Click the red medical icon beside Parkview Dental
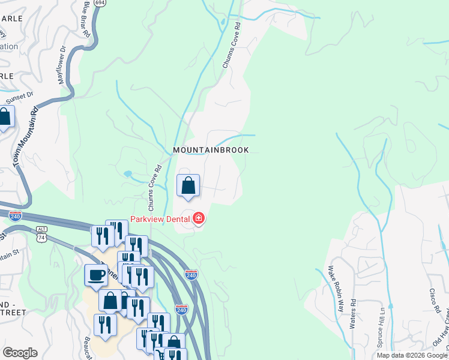pyautogui.click(x=198, y=219)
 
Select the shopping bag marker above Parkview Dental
pyautogui.click(x=188, y=186)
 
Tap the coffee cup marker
pyautogui.click(x=96, y=276)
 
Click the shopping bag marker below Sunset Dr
pyautogui.click(x=5, y=118)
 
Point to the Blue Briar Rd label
pyautogui.click(x=87, y=20)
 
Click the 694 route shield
pyautogui.click(x=100, y=4)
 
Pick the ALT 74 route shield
pyautogui.click(x=41, y=234)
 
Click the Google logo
pyautogui.click(x=20, y=353)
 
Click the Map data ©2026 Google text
pyautogui.click(x=412, y=355)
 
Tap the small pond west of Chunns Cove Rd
pyautogui.click(x=127, y=174)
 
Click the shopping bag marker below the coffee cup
pyautogui.click(x=111, y=301)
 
